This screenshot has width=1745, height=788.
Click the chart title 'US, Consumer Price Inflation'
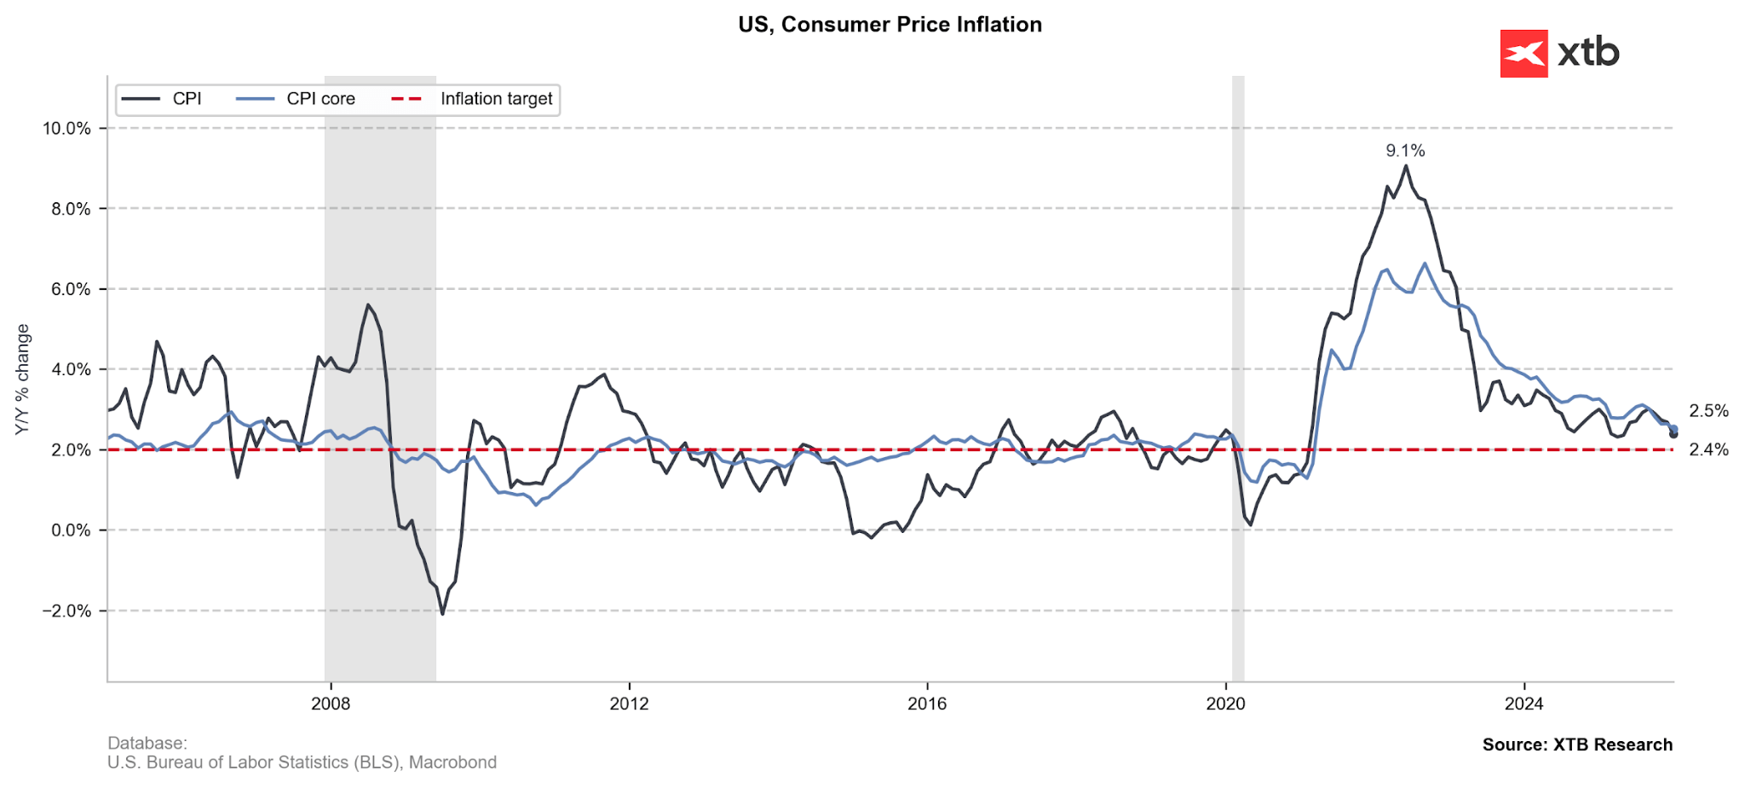(x=890, y=25)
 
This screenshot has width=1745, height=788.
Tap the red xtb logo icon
(x=1523, y=54)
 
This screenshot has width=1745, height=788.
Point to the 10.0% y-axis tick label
(x=66, y=129)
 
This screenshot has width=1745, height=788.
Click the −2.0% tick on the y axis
(x=66, y=611)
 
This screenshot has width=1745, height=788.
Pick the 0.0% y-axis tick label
(x=71, y=530)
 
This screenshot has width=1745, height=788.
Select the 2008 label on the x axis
(x=330, y=704)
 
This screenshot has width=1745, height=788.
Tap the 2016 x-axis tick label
(x=927, y=704)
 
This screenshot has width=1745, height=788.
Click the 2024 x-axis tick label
(x=1523, y=704)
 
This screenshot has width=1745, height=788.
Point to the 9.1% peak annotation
(x=1405, y=151)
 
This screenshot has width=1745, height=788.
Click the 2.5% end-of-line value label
(x=1708, y=411)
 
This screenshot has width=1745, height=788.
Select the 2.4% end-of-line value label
(x=1708, y=449)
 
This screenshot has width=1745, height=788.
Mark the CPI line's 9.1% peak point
(x=1405, y=165)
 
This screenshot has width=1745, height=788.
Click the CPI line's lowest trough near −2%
(x=442, y=613)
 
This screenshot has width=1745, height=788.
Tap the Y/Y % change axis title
(x=23, y=380)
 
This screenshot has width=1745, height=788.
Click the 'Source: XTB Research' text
(x=1577, y=745)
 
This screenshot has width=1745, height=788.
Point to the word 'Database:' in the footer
(x=147, y=744)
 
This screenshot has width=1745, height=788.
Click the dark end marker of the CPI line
(x=1673, y=434)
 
